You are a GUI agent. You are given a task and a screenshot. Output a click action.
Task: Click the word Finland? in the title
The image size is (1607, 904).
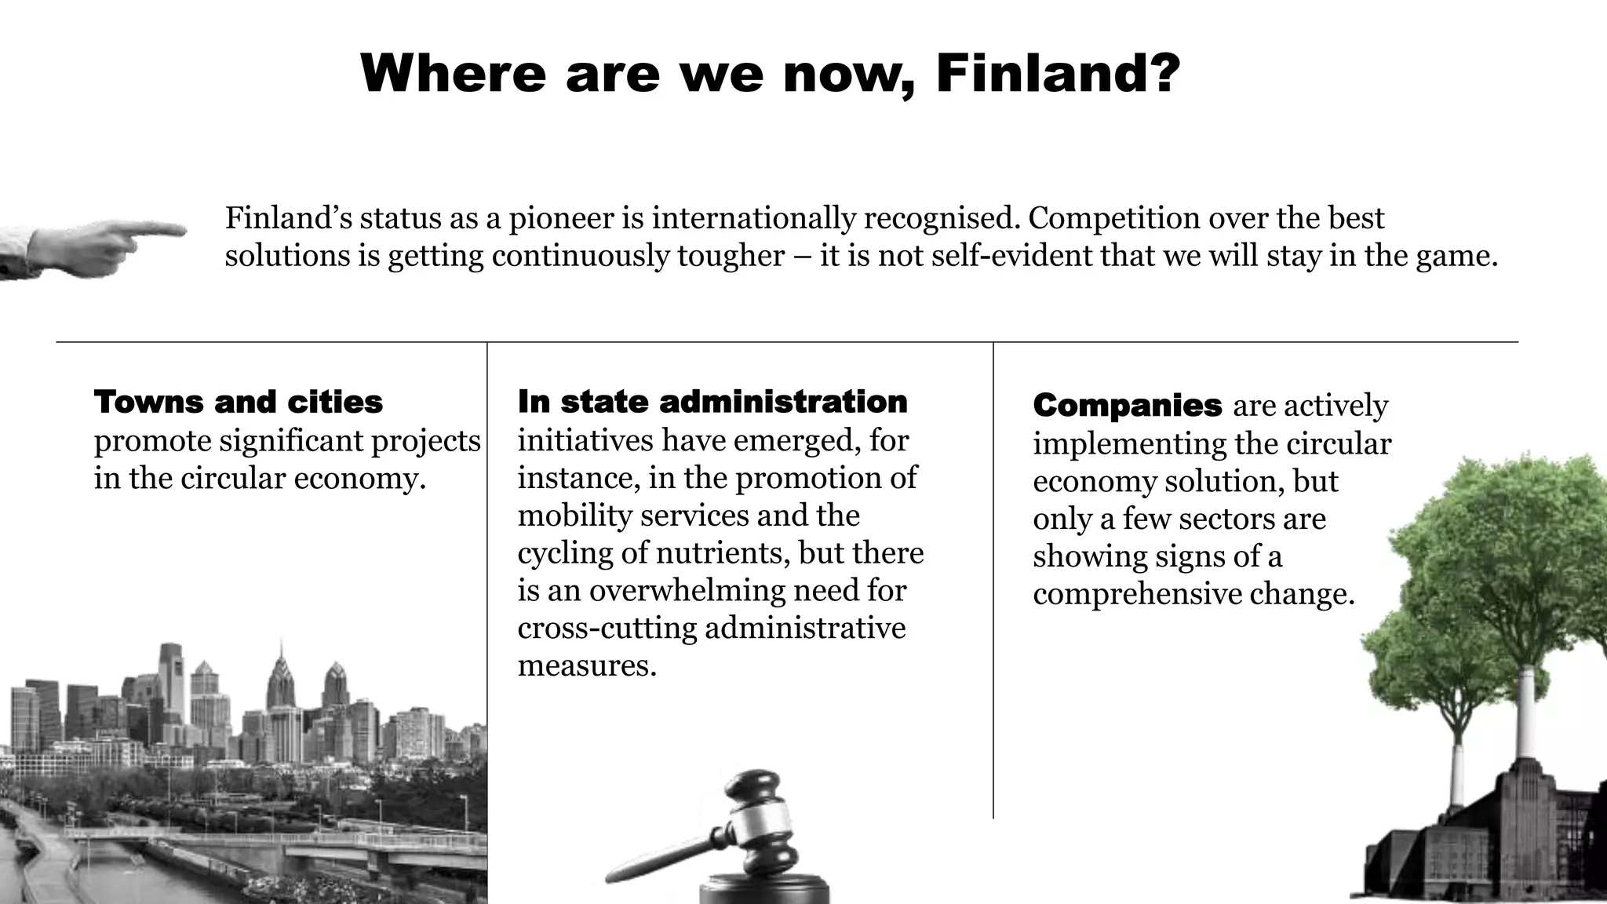1058,73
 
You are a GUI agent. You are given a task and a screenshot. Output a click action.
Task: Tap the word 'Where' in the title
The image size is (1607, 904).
453,73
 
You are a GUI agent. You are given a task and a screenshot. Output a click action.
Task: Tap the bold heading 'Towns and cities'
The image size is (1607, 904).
239,403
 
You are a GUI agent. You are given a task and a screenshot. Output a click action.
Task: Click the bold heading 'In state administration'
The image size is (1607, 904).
712,402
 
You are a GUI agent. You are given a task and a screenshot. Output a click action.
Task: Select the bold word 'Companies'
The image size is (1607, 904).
1128,406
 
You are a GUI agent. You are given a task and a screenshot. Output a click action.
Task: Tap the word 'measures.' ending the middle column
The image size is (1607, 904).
587,666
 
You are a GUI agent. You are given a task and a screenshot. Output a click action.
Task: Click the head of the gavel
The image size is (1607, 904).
757,816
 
